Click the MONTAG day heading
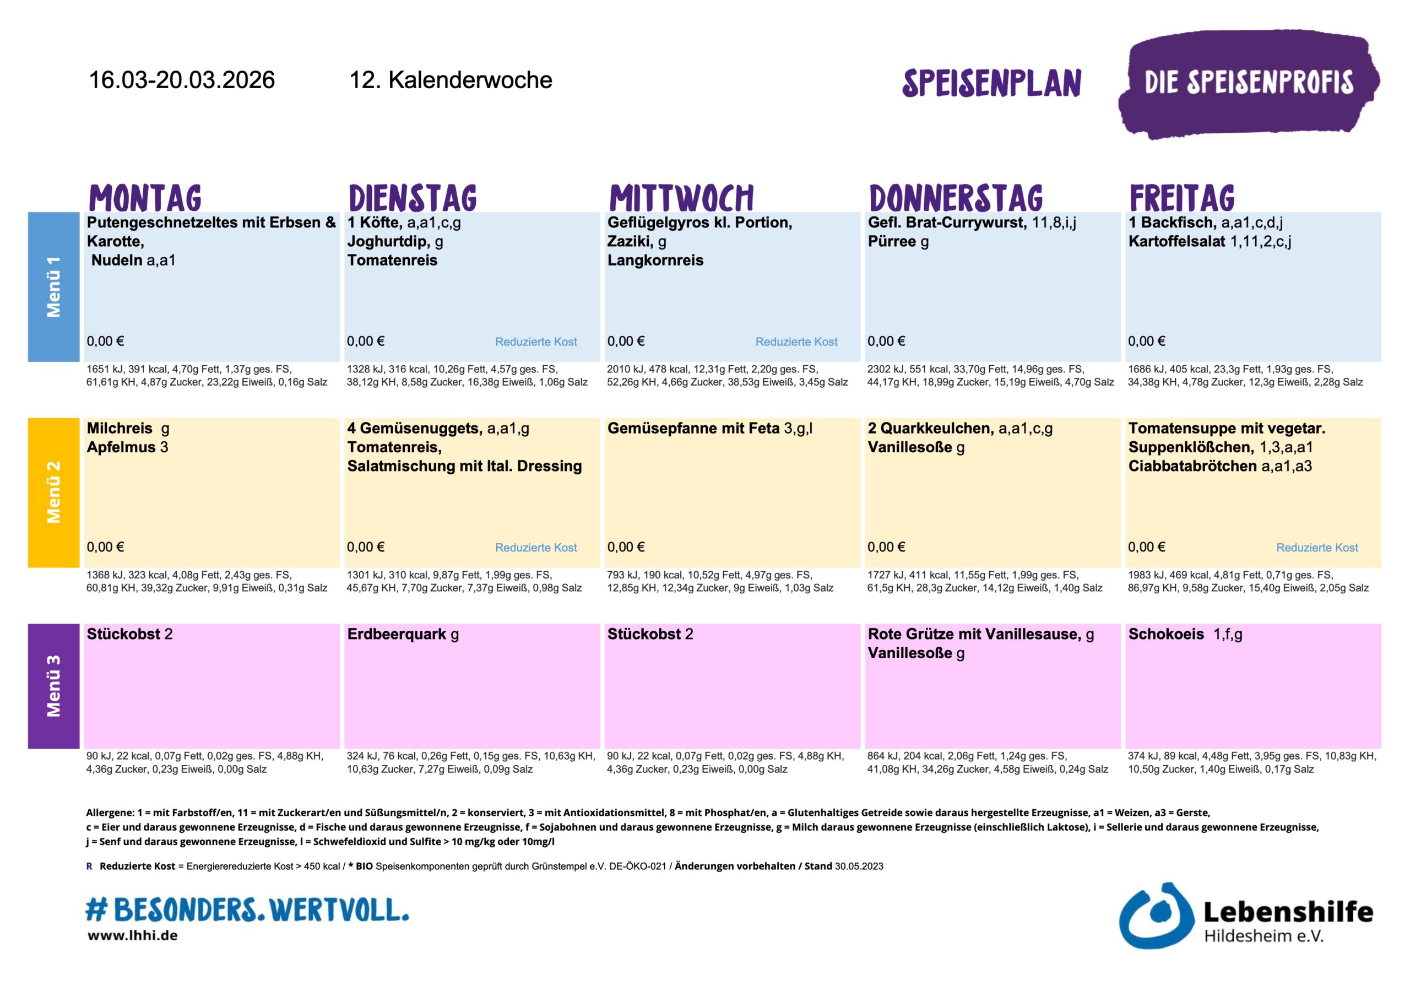click(x=145, y=198)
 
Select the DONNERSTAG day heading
click(x=956, y=198)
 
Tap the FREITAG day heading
click(x=1181, y=198)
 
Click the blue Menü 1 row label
click(x=53, y=287)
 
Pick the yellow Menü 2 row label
click(x=53, y=492)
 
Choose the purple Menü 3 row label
click(x=53, y=686)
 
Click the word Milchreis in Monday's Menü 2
click(x=120, y=428)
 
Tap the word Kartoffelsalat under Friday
click(x=1176, y=241)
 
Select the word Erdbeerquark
click(x=397, y=634)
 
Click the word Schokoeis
click(x=1166, y=634)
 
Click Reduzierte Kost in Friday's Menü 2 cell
click(x=1317, y=548)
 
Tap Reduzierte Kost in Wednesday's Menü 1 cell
click(x=796, y=342)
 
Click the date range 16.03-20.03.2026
click(x=182, y=80)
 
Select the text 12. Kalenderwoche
click(x=450, y=80)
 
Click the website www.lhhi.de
click(x=133, y=935)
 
